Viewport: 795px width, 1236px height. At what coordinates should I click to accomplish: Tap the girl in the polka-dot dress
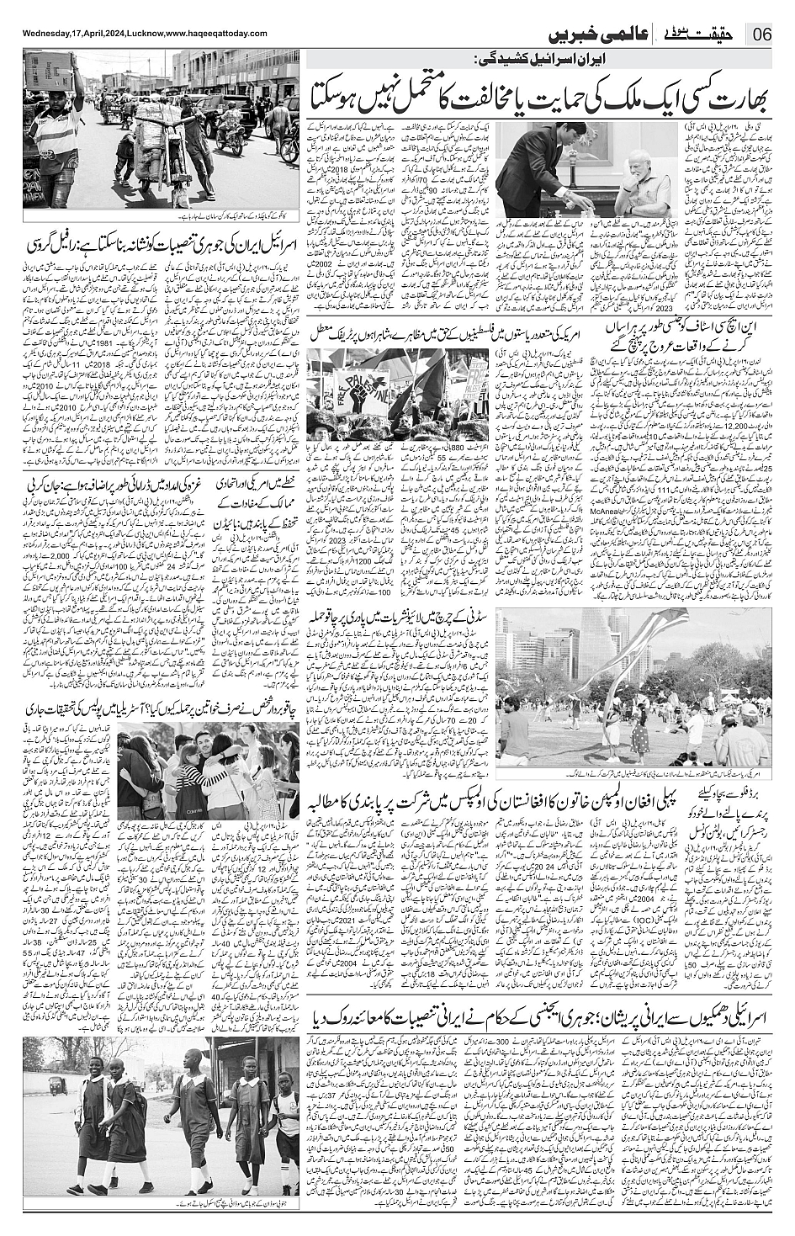(639, 740)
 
